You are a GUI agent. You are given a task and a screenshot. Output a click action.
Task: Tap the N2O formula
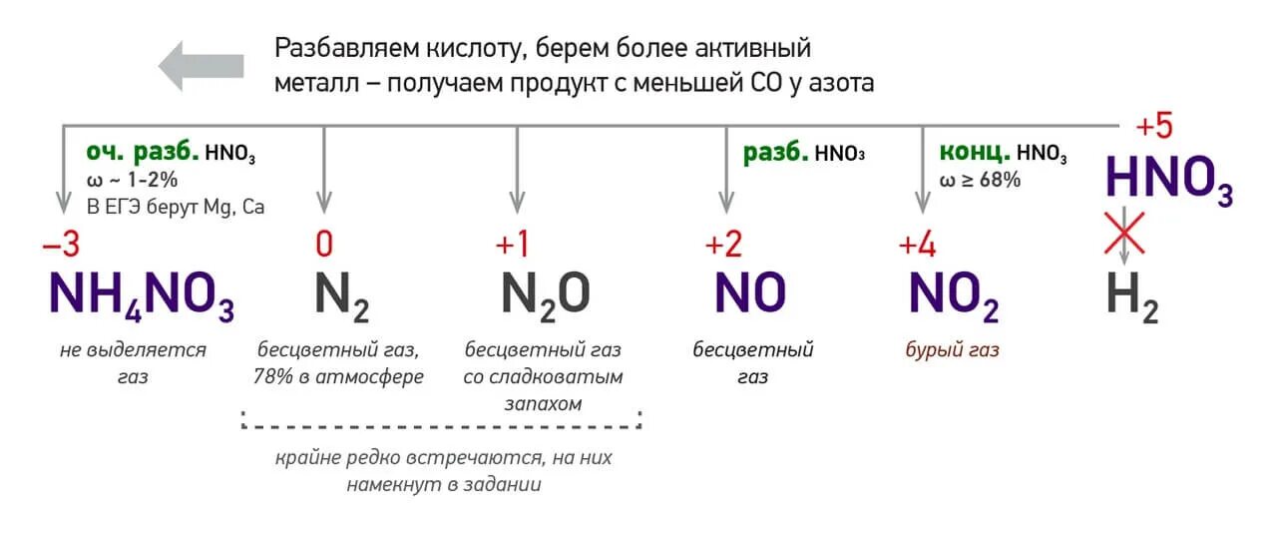pos(545,293)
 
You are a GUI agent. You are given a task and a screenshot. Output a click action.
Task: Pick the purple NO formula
pos(750,293)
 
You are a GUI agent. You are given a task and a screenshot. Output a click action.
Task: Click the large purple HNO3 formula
pos(1168,181)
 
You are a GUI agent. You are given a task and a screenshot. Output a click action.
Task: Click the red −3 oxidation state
pos(59,246)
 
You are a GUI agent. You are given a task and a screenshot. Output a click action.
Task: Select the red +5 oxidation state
pos(1154,128)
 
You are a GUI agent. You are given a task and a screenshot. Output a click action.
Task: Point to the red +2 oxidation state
pos(725,246)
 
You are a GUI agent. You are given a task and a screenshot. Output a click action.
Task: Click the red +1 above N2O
pos(516,246)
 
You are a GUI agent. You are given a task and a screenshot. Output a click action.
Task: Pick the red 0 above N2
pos(323,246)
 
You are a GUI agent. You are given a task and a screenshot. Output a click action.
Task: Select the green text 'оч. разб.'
pos(142,153)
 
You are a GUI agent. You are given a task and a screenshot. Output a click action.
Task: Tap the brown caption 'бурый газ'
pos(952,350)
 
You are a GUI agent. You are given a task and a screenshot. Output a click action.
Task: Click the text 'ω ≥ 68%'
pos(979,180)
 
